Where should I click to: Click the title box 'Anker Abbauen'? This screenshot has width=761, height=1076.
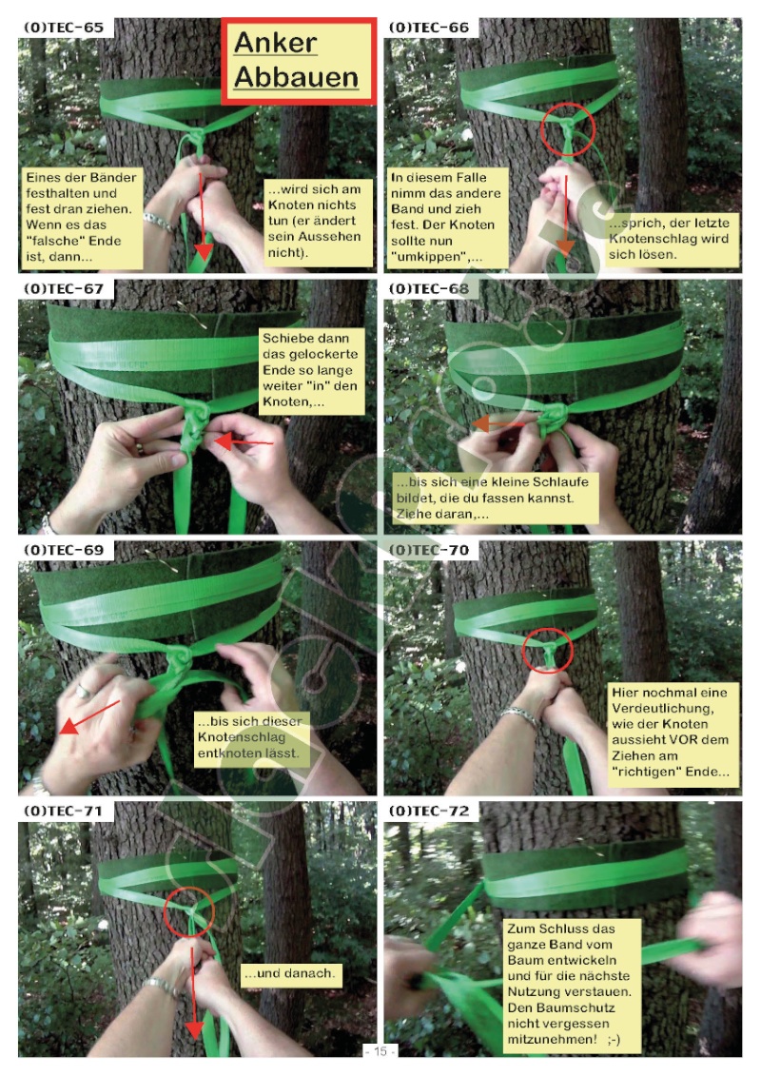click(299, 61)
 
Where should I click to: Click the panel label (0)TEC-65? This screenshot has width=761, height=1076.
click(64, 28)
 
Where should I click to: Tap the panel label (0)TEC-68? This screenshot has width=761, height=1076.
click(429, 289)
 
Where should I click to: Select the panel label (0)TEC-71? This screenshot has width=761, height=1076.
click(63, 812)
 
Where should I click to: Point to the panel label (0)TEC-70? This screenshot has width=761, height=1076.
click(429, 550)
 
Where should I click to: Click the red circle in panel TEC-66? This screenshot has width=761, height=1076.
click(567, 129)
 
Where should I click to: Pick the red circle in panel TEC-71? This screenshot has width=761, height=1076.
click(189, 912)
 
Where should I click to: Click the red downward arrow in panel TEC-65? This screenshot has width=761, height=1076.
click(202, 216)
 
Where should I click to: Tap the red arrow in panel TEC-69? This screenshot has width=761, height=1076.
click(89, 717)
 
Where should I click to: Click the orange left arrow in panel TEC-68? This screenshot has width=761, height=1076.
click(498, 423)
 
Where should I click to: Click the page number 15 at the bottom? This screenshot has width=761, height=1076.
click(380, 1051)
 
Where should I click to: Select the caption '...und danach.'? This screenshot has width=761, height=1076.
click(289, 973)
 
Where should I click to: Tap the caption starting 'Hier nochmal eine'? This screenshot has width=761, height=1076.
click(671, 733)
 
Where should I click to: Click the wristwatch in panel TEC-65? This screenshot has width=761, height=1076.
click(159, 222)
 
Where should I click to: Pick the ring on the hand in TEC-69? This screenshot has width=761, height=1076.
click(83, 691)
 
